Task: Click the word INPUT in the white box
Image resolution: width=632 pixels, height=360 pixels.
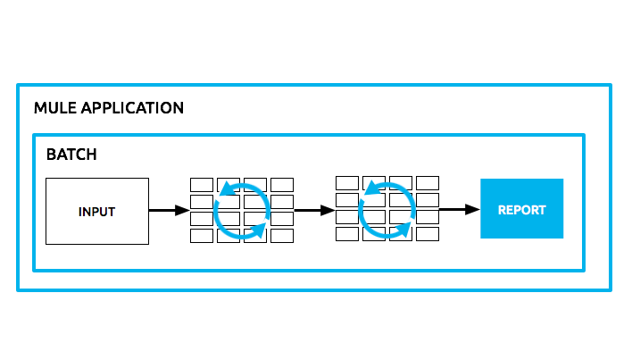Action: tap(96, 212)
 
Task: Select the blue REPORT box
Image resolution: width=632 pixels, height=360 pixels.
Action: tap(521, 208)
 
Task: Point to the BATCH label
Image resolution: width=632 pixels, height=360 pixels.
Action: tap(71, 155)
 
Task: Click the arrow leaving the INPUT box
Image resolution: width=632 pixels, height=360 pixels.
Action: tap(169, 211)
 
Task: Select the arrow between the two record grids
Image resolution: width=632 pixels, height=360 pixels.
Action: tap(312, 211)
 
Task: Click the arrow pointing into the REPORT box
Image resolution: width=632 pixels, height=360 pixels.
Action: tap(459, 209)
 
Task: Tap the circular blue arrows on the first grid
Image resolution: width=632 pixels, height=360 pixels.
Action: tap(242, 211)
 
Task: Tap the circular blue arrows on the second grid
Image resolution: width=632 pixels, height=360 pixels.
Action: tap(387, 209)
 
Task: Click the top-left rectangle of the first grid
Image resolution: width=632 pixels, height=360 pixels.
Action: tap(202, 185)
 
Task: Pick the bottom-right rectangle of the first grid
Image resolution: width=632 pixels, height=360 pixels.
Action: tap(282, 236)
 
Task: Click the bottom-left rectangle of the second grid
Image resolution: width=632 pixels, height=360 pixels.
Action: tap(347, 234)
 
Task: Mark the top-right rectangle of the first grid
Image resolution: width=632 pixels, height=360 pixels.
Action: tap(282, 185)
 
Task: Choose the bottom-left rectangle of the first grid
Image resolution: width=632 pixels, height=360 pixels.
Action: tap(202, 236)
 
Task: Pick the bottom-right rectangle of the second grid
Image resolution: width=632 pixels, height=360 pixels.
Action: tap(428, 234)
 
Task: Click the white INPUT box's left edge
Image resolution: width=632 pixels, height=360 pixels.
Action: tap(46, 212)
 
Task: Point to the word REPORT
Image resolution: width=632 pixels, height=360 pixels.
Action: tap(521, 211)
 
